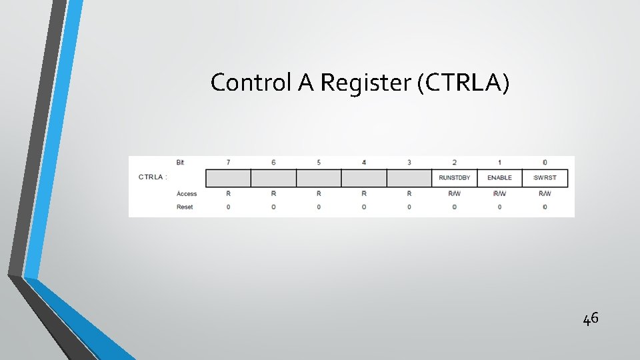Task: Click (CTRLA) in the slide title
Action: pyautogui.click(x=464, y=83)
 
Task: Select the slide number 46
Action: pyautogui.click(x=591, y=319)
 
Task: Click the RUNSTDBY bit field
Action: pyautogui.click(x=454, y=178)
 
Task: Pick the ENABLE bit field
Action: pyautogui.click(x=499, y=178)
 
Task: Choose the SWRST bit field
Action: pyautogui.click(x=545, y=178)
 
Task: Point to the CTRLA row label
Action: pyautogui.click(x=153, y=177)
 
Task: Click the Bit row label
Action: pyautogui.click(x=181, y=163)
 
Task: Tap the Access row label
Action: pyautogui.click(x=187, y=194)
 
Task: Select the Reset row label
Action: pyautogui.click(x=185, y=207)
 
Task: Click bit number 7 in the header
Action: pyautogui.click(x=228, y=163)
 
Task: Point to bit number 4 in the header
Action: pyautogui.click(x=364, y=163)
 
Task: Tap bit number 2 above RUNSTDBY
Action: pyautogui.click(x=454, y=163)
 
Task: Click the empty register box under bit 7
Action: pyautogui.click(x=228, y=178)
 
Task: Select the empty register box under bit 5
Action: pyautogui.click(x=319, y=178)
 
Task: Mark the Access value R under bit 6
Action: pyautogui.click(x=273, y=194)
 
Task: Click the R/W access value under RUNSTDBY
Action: pyautogui.click(x=454, y=194)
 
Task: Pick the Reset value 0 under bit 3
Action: pyautogui.click(x=409, y=207)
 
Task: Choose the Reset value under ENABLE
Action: pyautogui.click(x=499, y=207)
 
